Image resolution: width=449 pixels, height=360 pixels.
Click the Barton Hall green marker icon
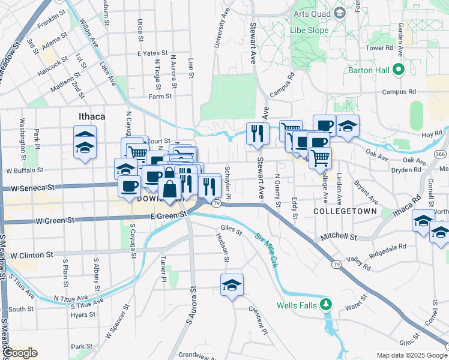tap(398, 70)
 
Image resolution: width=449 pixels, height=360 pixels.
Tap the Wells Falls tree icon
tap(326, 305)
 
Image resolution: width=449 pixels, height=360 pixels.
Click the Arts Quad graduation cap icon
tap(339, 13)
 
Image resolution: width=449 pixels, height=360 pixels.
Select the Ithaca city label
tap(92, 116)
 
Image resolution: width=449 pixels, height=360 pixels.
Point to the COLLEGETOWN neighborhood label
tap(345, 211)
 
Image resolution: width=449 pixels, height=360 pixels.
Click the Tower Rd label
tap(379, 47)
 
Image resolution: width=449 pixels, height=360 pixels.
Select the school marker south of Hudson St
tap(231, 285)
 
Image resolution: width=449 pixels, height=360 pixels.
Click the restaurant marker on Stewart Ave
tap(258, 133)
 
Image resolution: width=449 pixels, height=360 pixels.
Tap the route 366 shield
tap(441, 154)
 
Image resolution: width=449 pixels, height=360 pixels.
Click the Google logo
tap(20, 353)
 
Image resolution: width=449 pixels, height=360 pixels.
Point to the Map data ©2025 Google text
tap(411, 355)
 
